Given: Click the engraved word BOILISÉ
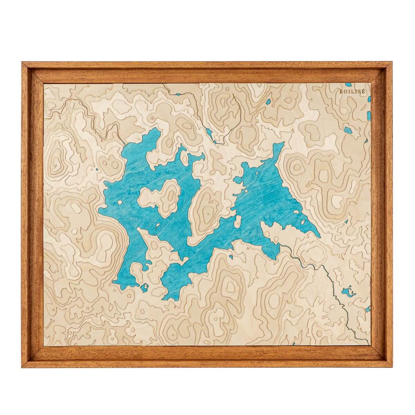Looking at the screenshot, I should pos(350,92).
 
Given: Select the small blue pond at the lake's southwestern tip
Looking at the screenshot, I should pos(144,287).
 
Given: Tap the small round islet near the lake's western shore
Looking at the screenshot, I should pos(119,203).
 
